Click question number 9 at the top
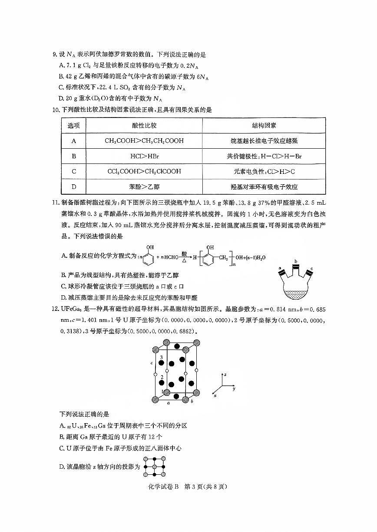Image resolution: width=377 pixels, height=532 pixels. [54, 55]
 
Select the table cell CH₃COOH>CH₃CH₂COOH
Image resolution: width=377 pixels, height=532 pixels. [144, 141]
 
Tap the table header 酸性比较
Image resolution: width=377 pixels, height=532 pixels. [144, 125]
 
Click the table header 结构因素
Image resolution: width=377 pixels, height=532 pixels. [264, 125]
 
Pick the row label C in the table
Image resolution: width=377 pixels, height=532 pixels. [74, 171]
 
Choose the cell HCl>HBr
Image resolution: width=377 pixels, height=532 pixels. [144, 156]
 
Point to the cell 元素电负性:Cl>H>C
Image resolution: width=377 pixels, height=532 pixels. [264, 171]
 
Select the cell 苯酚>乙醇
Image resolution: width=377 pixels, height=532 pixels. [144, 187]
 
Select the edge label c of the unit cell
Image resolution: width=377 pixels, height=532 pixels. [151, 363]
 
